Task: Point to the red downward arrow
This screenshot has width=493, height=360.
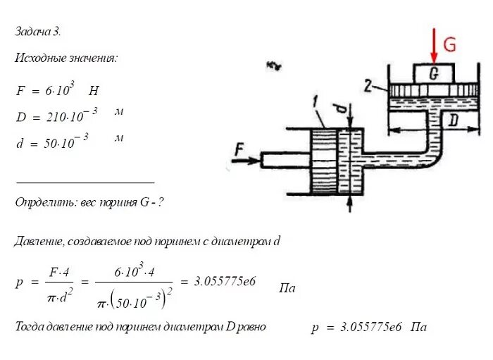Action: point(433,45)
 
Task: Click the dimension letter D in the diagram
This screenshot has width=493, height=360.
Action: point(453,121)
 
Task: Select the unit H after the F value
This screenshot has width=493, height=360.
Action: point(94,90)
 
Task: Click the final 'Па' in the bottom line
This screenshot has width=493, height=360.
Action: point(419,327)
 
